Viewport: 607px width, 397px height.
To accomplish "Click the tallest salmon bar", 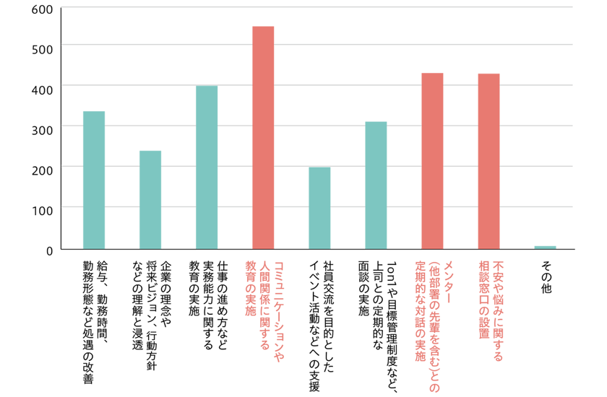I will pos(263,144).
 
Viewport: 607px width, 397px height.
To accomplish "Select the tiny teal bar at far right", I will pos(545,237).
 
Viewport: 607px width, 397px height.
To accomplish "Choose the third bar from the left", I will pos(207,173).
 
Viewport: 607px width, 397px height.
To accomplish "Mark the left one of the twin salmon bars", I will pos(432,159).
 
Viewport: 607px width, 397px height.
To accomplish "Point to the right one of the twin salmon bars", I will pos(488,159).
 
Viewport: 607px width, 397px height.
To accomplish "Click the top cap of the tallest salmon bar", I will pos(263,24).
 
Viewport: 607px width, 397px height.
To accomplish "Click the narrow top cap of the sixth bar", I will pos(376,113).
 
